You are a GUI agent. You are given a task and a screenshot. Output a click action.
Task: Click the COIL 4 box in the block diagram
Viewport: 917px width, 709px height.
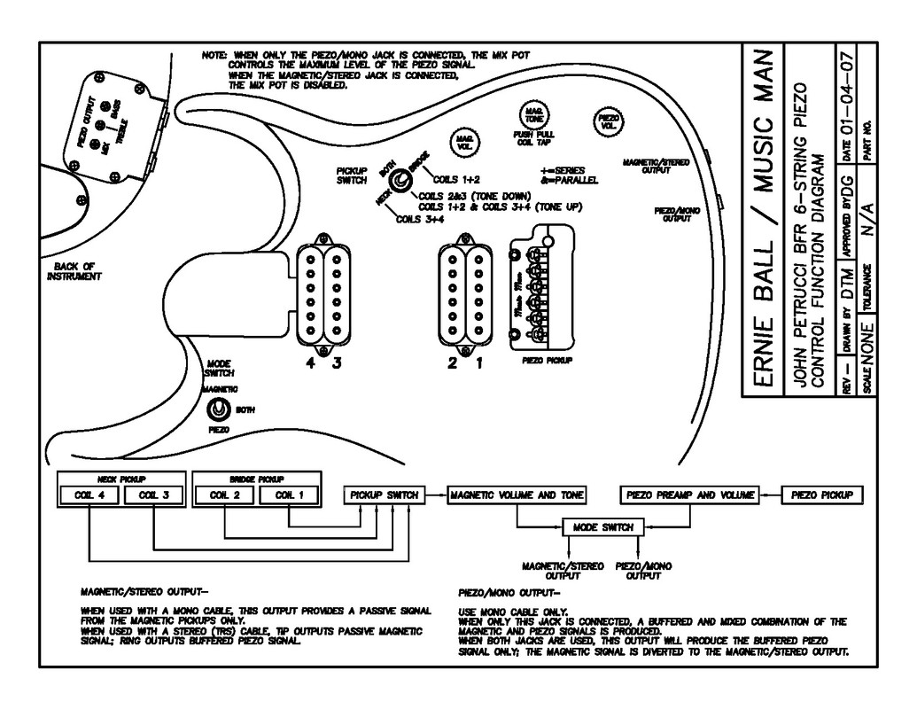pos(89,495)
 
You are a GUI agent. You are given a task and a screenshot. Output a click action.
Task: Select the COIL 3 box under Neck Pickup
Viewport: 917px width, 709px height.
pos(153,495)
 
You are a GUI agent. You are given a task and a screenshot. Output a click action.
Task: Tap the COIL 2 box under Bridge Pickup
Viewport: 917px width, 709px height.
pos(224,495)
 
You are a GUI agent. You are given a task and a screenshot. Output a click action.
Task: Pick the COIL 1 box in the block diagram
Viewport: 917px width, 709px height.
pos(289,495)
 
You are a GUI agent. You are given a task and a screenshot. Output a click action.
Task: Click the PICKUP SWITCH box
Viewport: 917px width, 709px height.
pos(383,495)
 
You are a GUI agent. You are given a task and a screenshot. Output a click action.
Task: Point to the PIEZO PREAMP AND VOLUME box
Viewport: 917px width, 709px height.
pos(689,495)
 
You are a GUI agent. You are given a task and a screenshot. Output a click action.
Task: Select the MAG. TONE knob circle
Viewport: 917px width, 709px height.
pos(534,114)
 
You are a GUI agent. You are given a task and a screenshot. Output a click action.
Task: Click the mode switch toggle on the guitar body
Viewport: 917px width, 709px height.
pos(218,409)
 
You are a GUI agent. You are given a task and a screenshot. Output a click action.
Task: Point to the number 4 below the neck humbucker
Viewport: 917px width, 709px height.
pos(311,362)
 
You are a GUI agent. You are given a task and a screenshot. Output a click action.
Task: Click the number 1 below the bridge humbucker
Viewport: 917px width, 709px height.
pos(478,362)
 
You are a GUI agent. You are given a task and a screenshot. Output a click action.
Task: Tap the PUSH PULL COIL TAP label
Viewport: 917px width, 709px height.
pos(534,137)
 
